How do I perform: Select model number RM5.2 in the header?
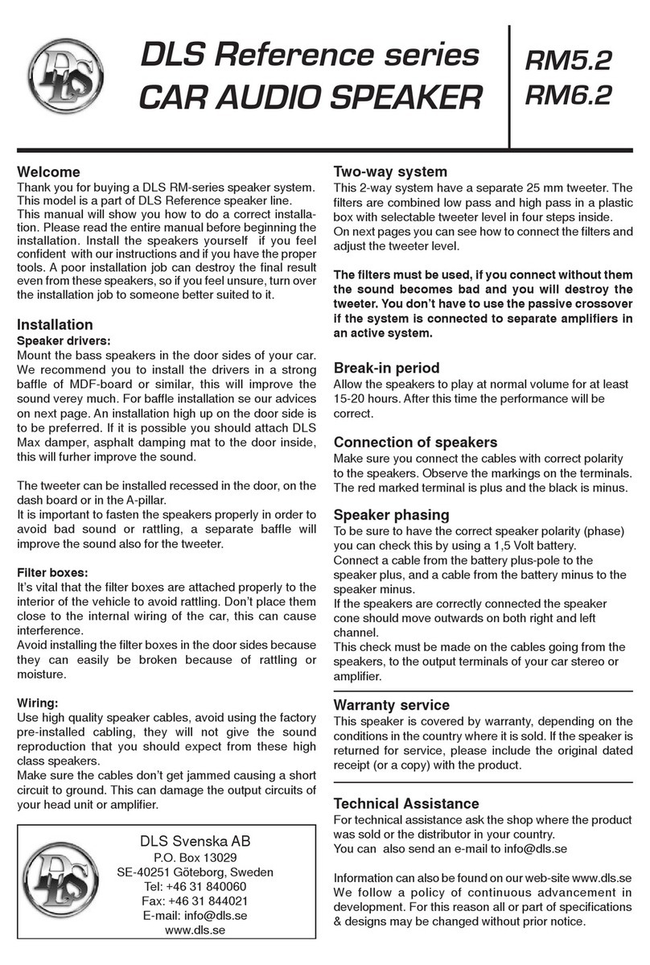(x=568, y=60)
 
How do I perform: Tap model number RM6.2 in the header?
(x=568, y=96)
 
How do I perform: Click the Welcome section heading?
(x=48, y=171)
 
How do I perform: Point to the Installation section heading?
(x=55, y=325)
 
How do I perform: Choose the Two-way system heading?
(x=390, y=171)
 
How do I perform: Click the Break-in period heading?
(x=386, y=368)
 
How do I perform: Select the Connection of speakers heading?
(x=414, y=442)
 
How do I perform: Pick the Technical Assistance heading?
(x=406, y=803)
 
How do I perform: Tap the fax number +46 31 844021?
(x=204, y=901)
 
